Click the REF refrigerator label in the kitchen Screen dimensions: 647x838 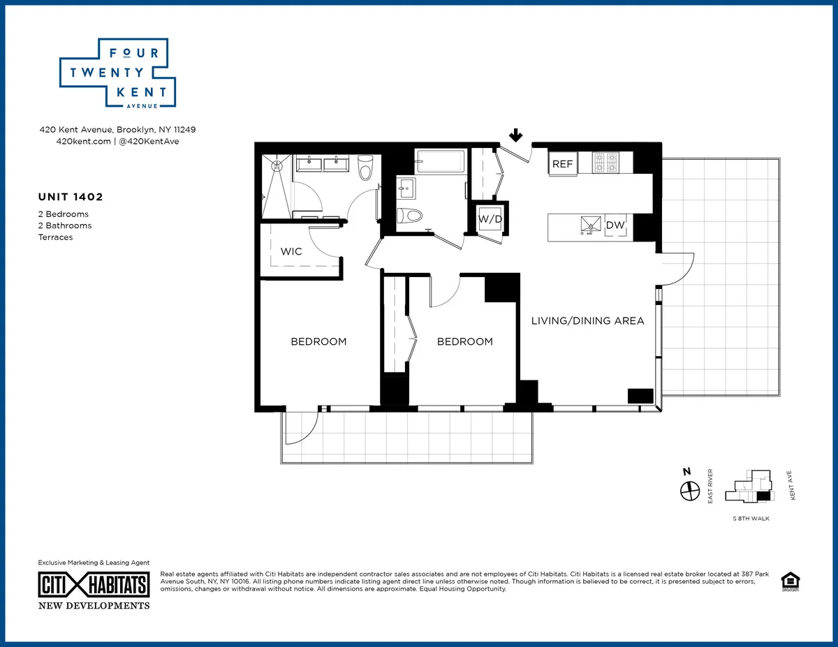point(562,165)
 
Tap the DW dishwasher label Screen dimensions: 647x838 point(615,225)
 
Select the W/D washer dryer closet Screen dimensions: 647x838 point(490,219)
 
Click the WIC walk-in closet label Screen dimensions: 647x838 point(291,251)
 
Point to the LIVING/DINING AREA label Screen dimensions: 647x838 point(587,321)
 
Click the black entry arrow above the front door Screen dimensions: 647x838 point(517,135)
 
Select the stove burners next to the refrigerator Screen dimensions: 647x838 point(605,163)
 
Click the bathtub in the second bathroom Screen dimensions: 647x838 point(440,161)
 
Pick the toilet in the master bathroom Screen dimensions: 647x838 point(365,168)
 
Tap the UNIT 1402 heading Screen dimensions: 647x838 point(71,198)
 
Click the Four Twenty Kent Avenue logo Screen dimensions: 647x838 point(117,73)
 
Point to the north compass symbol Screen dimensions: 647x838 point(689,491)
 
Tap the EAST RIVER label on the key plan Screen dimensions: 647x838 point(710,486)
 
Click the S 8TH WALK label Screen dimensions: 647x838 point(751,519)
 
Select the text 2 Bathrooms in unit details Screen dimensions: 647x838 point(65,225)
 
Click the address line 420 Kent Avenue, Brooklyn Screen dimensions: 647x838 point(117,130)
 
